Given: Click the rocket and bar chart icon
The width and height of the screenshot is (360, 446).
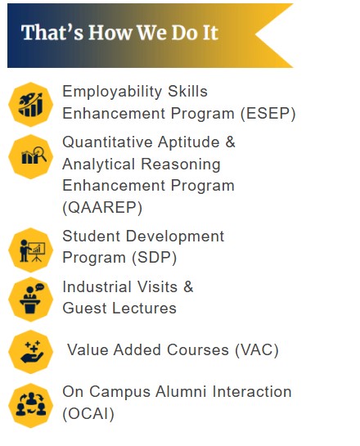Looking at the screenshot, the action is click(x=31, y=105).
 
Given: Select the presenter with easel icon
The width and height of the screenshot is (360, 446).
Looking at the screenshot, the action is click(x=31, y=250).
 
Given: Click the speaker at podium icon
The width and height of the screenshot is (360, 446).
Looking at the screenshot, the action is click(x=31, y=300).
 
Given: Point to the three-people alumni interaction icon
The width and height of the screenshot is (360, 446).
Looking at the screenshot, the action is click(x=31, y=405).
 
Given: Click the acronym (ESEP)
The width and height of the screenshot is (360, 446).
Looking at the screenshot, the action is click(x=268, y=114).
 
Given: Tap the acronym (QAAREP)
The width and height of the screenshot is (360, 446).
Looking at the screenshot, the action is click(x=102, y=207).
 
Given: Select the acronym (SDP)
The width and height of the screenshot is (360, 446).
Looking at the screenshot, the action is click(x=154, y=258).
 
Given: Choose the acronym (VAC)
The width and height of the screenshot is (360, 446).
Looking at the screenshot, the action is click(x=257, y=350).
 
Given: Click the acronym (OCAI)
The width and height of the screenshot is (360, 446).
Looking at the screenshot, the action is click(x=88, y=414).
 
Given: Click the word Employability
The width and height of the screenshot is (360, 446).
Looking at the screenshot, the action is click(x=112, y=92).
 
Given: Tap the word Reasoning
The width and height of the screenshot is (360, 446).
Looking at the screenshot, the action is click(x=181, y=164).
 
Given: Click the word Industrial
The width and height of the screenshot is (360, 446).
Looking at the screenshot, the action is click(x=97, y=286).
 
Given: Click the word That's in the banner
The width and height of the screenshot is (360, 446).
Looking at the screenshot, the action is click(x=52, y=33).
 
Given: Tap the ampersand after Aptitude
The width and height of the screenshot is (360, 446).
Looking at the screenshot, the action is click(x=231, y=142).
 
